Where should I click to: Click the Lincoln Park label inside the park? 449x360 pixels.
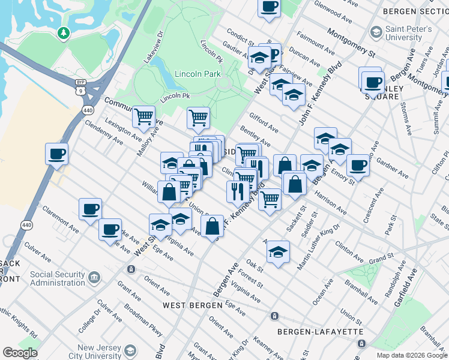198,74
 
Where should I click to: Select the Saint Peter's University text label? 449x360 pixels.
408,33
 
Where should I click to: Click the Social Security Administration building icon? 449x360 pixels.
94,277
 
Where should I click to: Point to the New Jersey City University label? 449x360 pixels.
102,352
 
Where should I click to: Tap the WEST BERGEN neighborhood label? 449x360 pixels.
188,305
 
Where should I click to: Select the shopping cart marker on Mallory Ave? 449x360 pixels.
143,116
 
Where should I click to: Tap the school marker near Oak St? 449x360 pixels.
277,252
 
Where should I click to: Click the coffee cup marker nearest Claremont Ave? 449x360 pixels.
90,209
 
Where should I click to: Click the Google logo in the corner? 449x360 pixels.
20,353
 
